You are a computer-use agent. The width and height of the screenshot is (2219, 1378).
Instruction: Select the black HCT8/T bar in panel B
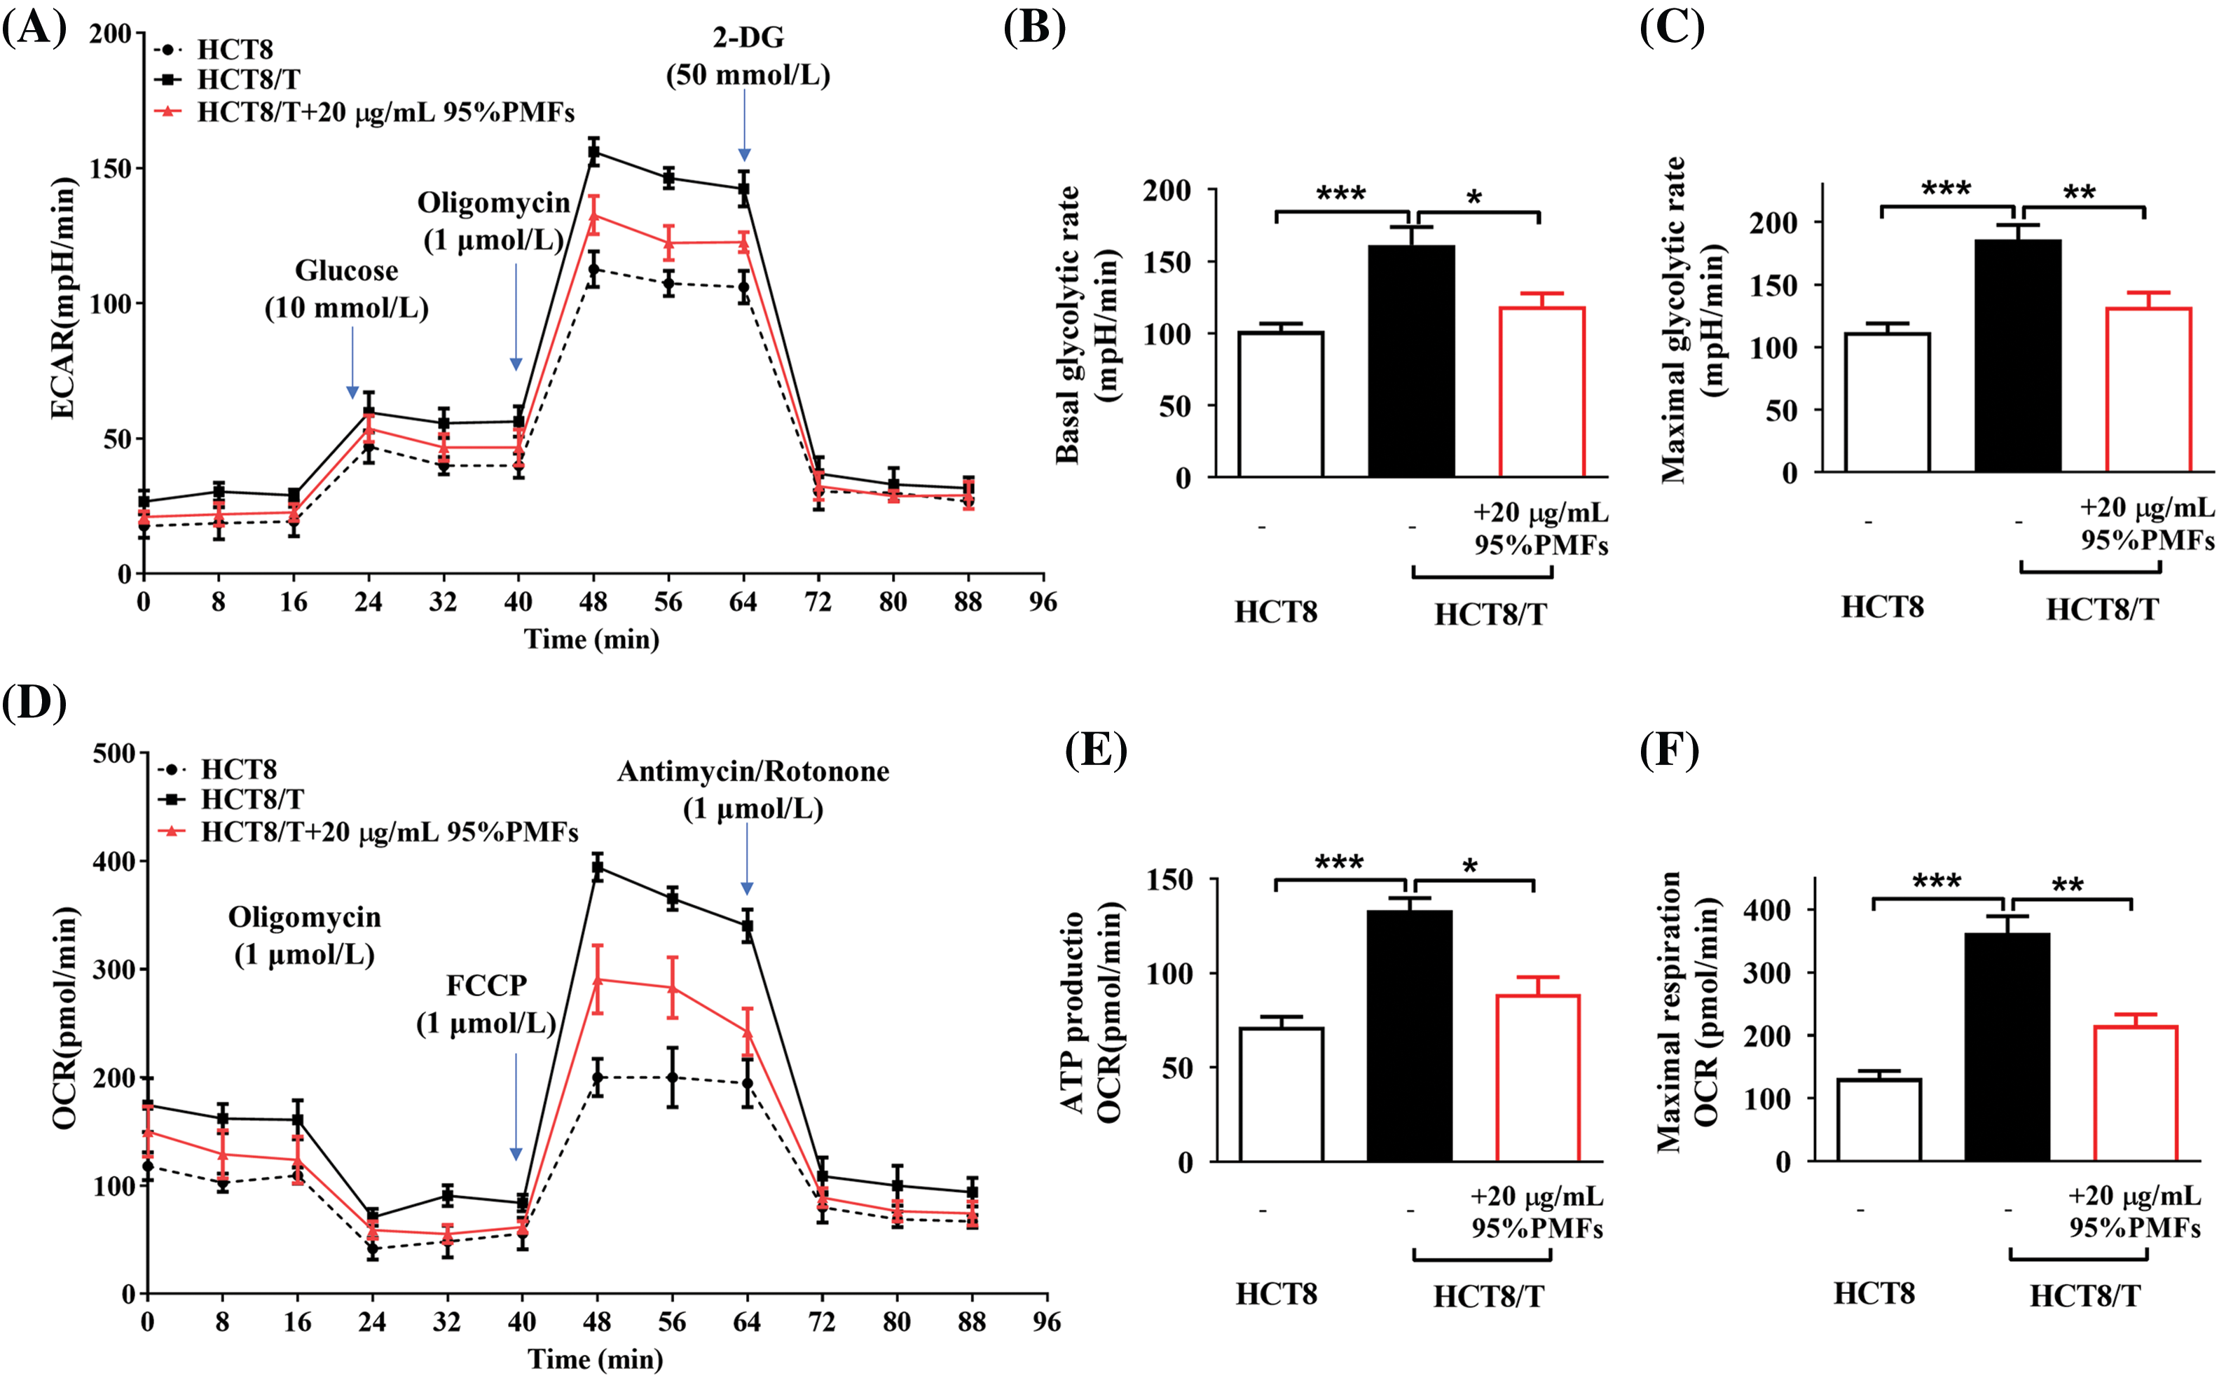pos(1410,361)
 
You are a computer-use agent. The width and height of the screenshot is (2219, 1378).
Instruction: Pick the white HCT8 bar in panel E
pos(1282,1094)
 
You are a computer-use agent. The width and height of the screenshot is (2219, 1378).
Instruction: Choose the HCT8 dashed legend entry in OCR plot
pos(219,769)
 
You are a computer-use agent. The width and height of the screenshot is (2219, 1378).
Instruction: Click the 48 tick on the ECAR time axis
pos(593,602)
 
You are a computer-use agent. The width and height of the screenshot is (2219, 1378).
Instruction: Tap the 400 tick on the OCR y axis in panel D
pos(114,861)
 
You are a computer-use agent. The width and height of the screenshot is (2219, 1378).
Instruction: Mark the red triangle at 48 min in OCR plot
pos(598,979)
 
